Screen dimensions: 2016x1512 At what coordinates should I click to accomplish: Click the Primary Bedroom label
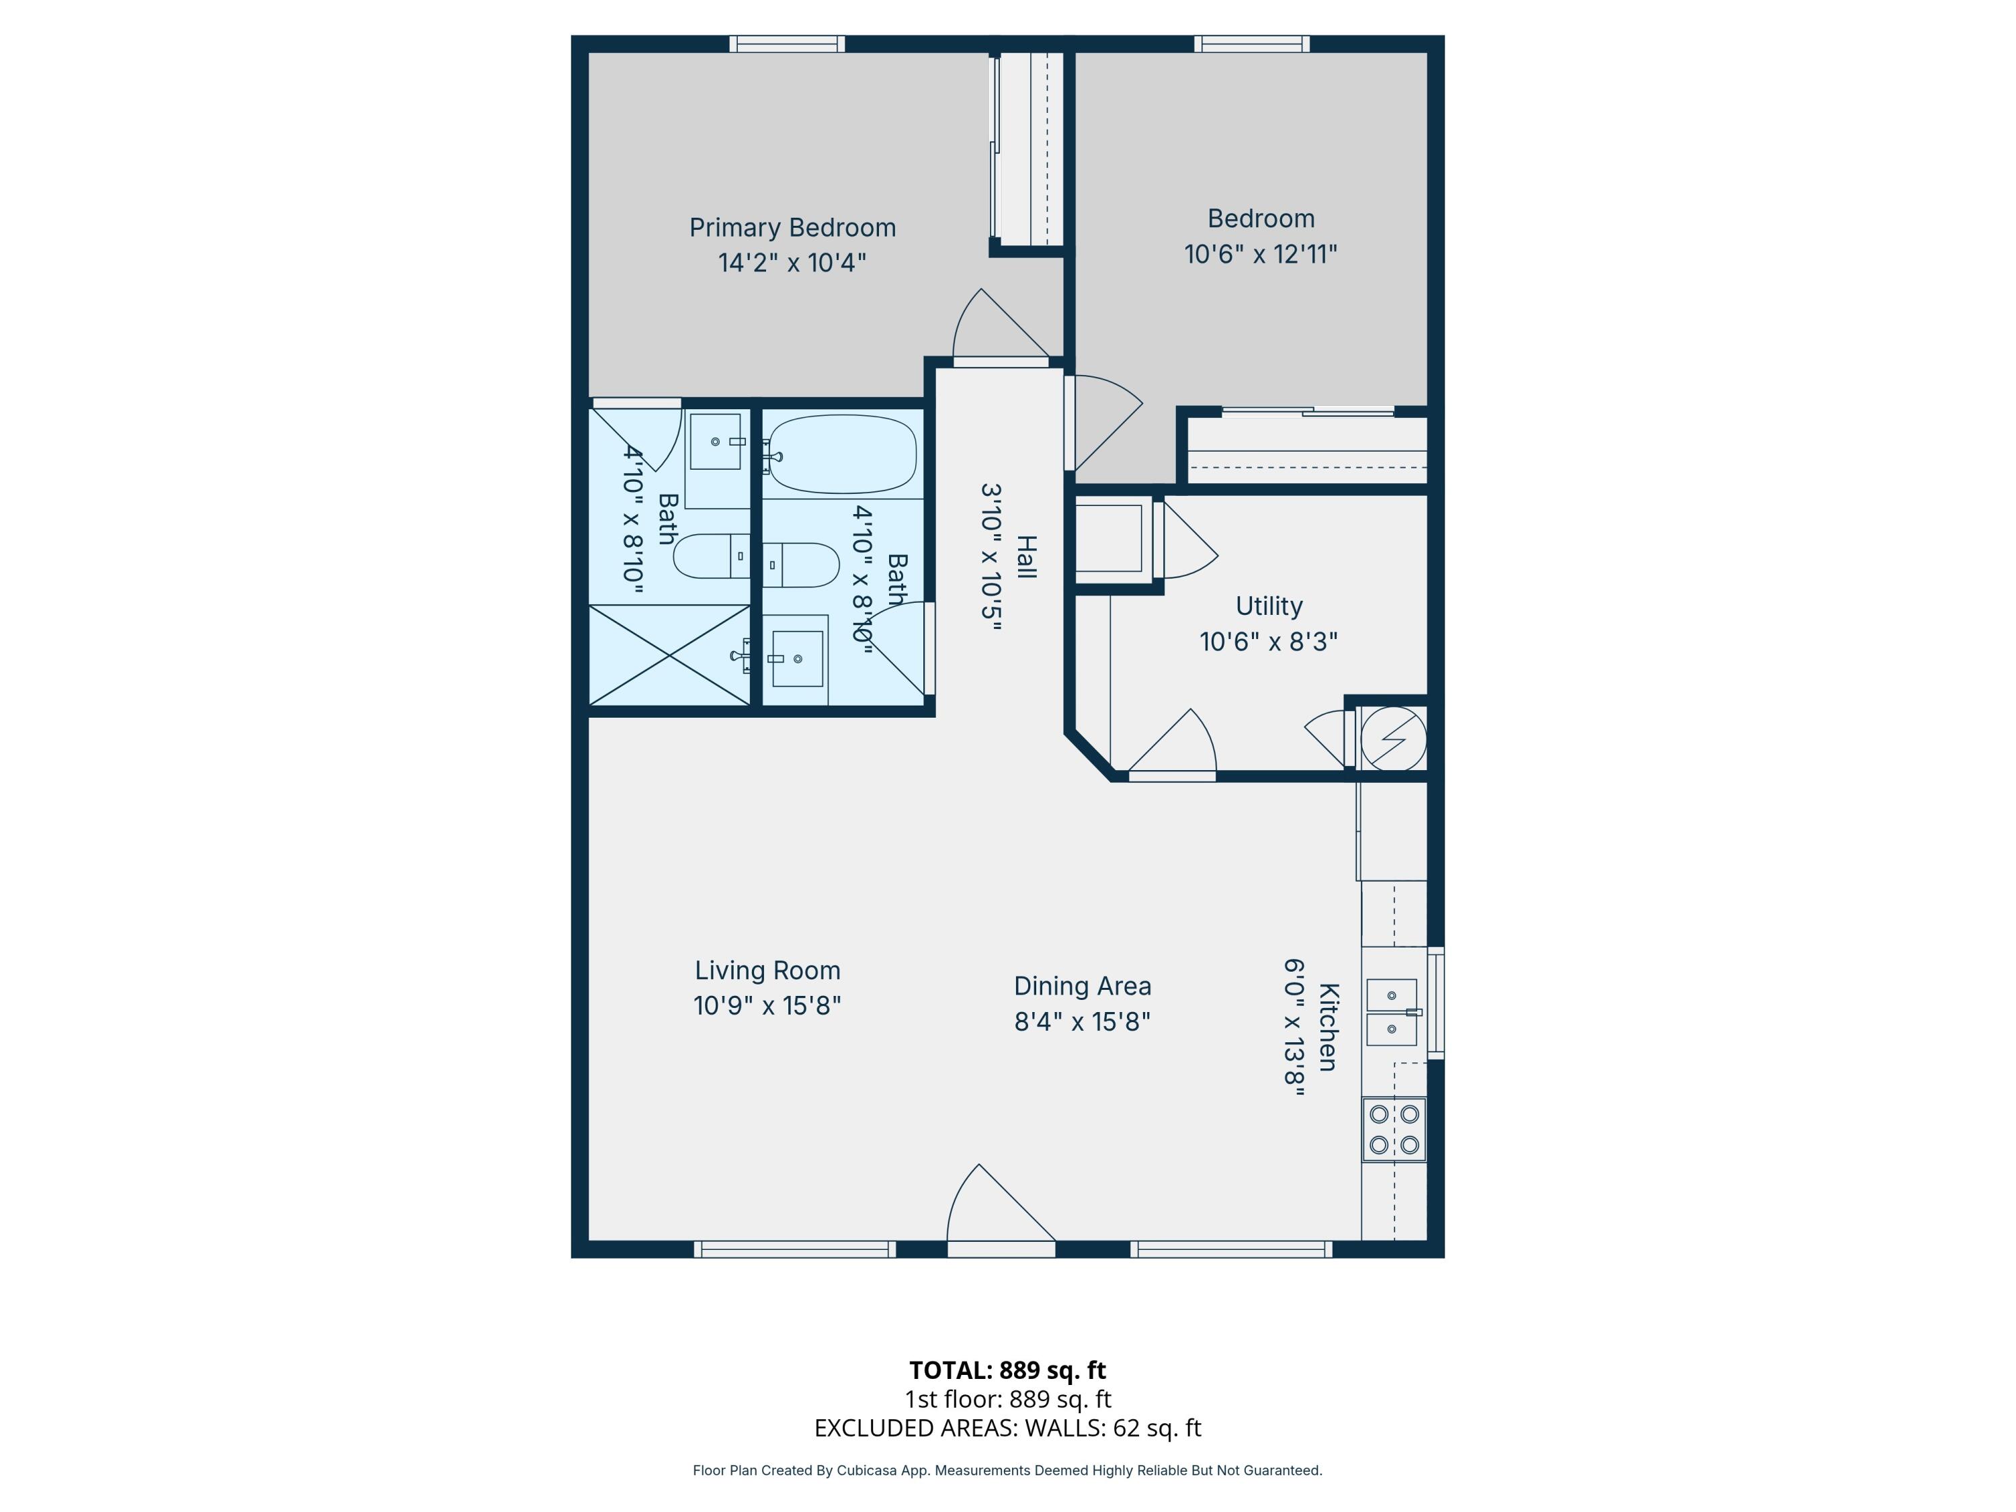click(x=792, y=228)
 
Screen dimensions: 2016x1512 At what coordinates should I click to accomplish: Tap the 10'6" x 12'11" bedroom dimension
click(x=1261, y=253)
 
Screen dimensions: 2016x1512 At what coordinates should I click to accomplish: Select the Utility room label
click(x=1269, y=606)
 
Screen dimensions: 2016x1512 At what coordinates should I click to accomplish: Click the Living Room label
click(x=767, y=970)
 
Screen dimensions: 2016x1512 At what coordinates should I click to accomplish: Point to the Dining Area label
click(x=1083, y=986)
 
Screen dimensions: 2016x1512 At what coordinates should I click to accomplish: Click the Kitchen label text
click(x=1328, y=1027)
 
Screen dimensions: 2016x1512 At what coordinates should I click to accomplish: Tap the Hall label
click(x=1026, y=557)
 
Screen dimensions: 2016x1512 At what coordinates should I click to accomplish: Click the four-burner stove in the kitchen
click(x=1394, y=1129)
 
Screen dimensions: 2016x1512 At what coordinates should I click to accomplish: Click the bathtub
click(x=840, y=453)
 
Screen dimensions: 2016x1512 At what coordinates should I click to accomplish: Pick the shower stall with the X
click(x=670, y=655)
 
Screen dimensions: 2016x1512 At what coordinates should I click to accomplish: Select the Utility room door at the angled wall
click(x=1173, y=743)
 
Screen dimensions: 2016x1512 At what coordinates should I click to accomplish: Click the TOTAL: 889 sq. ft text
click(x=1007, y=1370)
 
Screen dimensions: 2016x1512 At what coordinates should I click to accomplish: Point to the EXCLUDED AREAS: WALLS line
click(x=1007, y=1427)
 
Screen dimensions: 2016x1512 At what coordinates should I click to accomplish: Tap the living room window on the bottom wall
click(x=795, y=1249)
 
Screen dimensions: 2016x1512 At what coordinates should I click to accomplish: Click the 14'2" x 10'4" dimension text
click(x=792, y=263)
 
